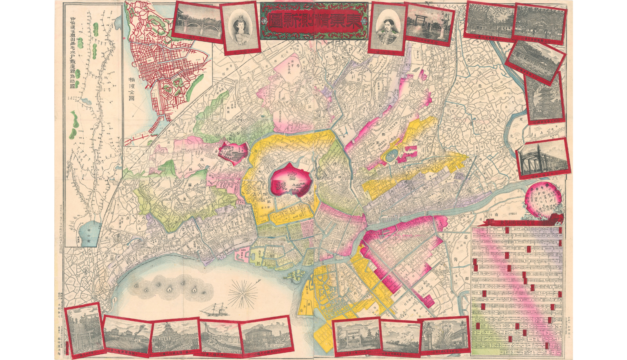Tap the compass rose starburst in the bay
[242, 293]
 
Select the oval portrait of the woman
[238, 29]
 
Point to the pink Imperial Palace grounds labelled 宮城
[290, 181]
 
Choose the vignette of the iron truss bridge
[543, 160]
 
